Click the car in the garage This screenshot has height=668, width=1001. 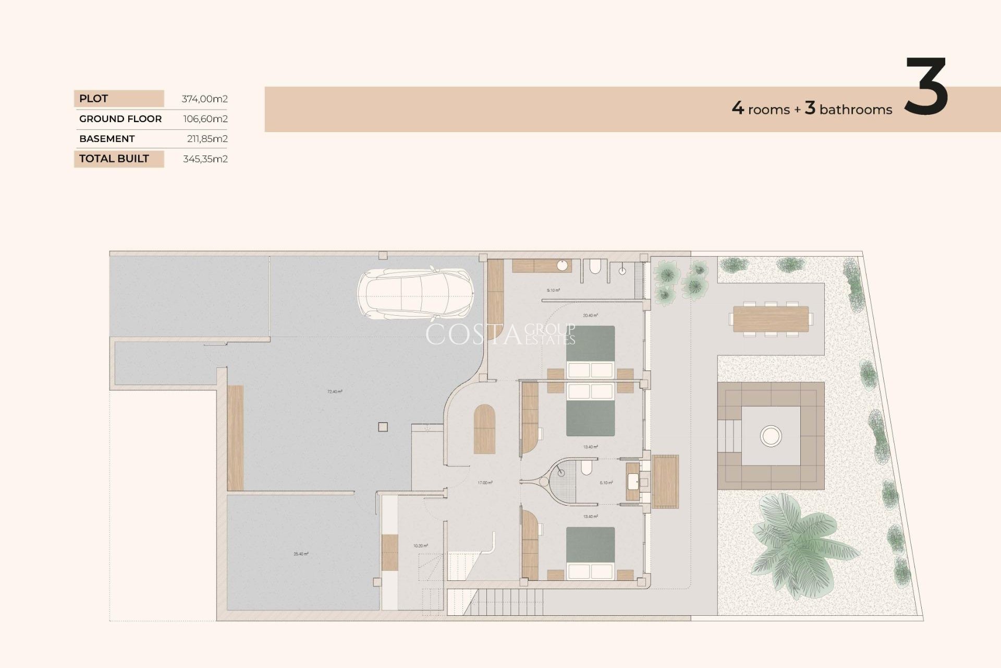416,294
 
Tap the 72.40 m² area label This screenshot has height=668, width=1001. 335,391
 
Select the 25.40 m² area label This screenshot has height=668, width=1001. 301,554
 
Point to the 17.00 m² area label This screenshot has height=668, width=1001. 485,483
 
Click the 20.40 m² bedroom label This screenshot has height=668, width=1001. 590,315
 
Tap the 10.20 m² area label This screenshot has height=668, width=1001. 420,546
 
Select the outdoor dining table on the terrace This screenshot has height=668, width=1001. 771,319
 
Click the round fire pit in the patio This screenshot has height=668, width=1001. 771,435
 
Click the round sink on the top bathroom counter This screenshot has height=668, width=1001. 562,266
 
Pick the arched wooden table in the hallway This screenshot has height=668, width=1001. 484,429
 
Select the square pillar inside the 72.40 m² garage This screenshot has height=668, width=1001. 383,427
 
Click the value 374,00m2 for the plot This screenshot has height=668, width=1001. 204,99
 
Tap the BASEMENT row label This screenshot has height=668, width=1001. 107,139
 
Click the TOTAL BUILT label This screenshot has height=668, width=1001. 114,159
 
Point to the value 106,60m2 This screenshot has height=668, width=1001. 205,119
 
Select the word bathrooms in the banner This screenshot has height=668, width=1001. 856,110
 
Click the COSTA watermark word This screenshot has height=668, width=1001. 473,335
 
